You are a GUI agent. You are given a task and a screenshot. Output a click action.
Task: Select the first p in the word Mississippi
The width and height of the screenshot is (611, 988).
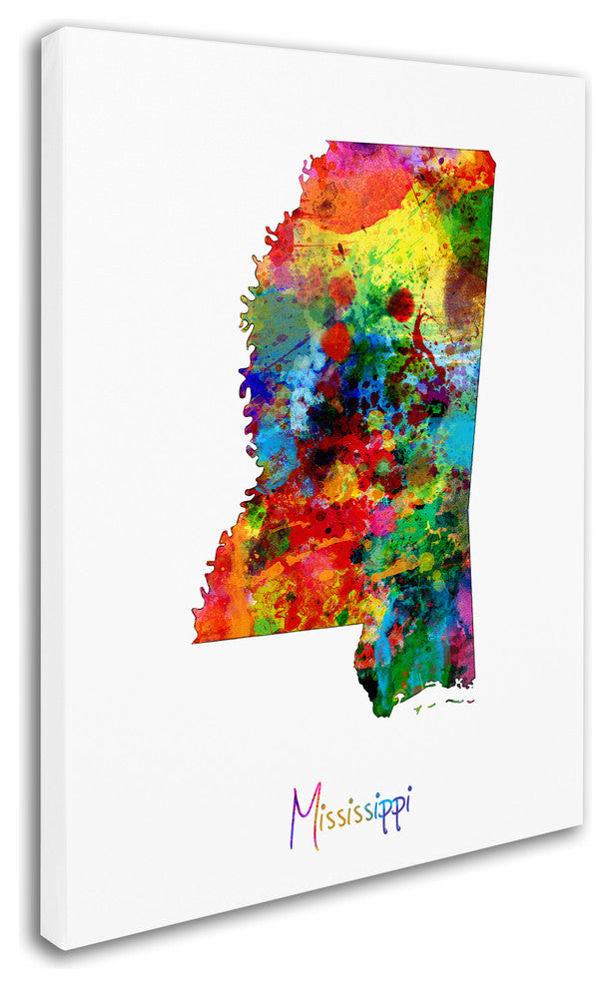[385, 812]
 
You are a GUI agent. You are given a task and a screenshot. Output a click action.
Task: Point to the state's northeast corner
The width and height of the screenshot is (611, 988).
[493, 153]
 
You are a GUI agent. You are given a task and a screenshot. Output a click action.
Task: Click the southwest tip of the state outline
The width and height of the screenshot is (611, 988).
[195, 641]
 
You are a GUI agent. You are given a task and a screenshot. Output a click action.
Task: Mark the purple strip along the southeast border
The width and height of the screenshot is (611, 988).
[463, 599]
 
